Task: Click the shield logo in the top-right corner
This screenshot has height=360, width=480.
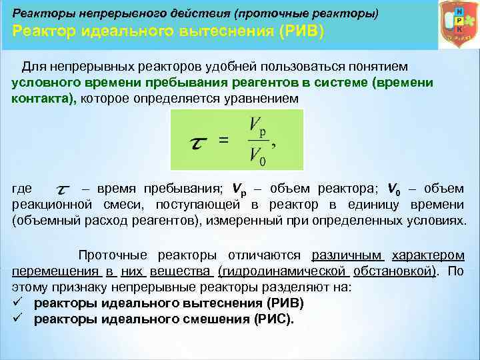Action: pos(458,25)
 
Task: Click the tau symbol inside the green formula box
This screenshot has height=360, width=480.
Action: pos(198,141)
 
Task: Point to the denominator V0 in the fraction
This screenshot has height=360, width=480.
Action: pos(257,157)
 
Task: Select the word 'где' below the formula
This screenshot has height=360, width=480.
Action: pos(24,189)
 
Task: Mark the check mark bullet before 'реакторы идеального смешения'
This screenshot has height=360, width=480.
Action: pos(18,318)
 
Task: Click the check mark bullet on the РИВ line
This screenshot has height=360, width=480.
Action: pos(18,303)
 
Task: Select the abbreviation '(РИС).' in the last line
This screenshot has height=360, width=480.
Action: pos(273,319)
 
